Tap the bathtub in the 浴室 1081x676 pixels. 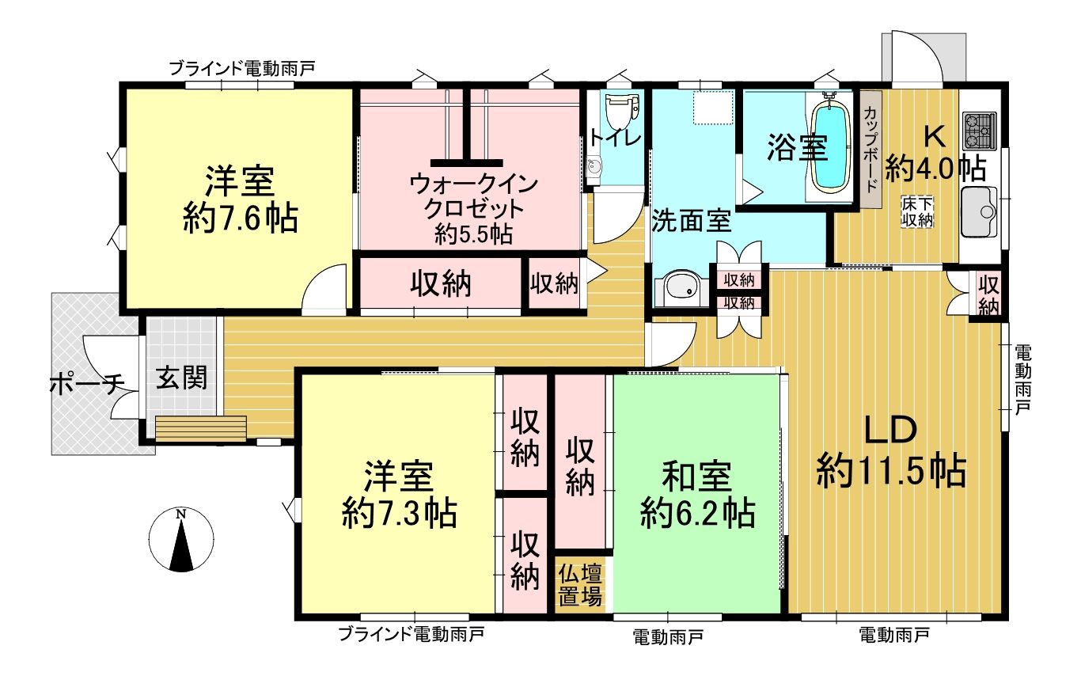pos(830,148)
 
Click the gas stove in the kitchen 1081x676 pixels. pos(980,131)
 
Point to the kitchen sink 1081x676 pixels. pos(980,212)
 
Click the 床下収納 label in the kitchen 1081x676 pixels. pos(917,212)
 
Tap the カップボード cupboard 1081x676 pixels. pos(871,150)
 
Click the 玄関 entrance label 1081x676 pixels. pos(181,378)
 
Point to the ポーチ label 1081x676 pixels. pos(87,385)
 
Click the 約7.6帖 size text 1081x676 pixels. pos(240,220)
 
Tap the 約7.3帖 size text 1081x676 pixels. pos(399,514)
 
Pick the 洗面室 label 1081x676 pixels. pos(691,221)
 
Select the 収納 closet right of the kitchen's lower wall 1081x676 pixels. pos(989,294)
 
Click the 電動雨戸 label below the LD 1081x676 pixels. pos(894,635)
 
